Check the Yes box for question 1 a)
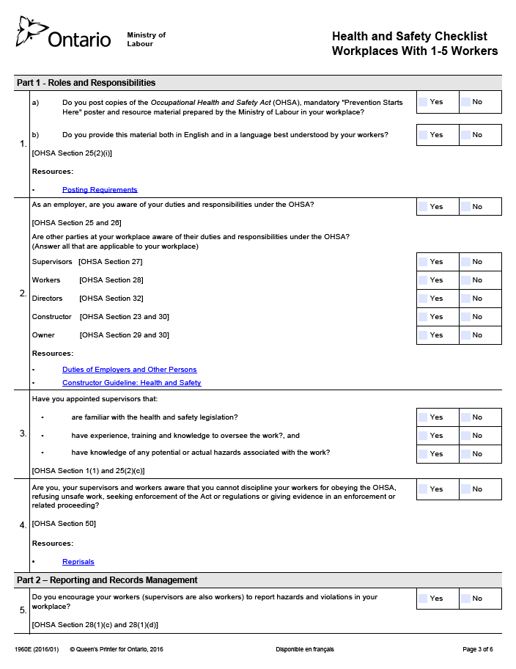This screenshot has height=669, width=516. pyautogui.click(x=423, y=102)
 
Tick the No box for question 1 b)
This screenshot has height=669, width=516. pyautogui.click(x=465, y=135)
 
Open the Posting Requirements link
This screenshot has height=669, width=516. pyautogui.click(x=100, y=190)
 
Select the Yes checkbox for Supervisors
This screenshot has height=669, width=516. pyautogui.click(x=423, y=262)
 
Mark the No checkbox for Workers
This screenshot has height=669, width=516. pyautogui.click(x=465, y=280)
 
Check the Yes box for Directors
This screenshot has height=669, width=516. pyautogui.click(x=423, y=299)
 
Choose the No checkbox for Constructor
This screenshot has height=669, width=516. pyautogui.click(x=465, y=317)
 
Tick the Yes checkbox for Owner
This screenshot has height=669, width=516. pyautogui.click(x=423, y=335)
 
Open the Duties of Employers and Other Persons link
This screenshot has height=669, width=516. pyautogui.click(x=129, y=370)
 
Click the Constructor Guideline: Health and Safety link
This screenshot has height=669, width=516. pyautogui.click(x=131, y=383)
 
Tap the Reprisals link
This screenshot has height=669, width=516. pyautogui.click(x=78, y=562)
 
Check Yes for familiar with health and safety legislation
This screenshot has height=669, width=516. pyautogui.click(x=423, y=417)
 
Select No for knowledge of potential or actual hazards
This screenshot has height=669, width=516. pyautogui.click(x=465, y=454)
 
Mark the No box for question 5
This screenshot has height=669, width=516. pyautogui.click(x=465, y=599)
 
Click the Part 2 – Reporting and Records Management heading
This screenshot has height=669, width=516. pyautogui.click(x=107, y=580)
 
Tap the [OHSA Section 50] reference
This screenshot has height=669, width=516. pyautogui.click(x=64, y=524)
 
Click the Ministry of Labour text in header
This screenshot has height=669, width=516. pyautogui.click(x=146, y=40)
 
